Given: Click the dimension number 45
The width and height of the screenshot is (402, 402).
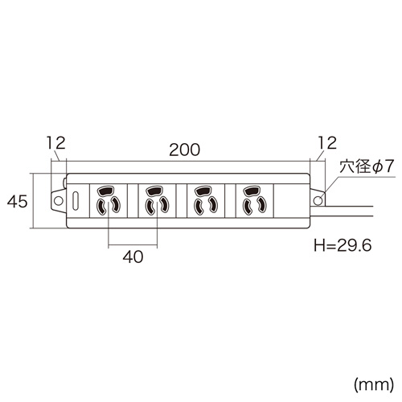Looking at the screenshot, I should [x=16, y=201].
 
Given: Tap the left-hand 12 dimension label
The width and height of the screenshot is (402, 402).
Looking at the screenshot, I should [x=55, y=144].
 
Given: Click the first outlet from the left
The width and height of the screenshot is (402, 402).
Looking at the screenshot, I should [x=108, y=201].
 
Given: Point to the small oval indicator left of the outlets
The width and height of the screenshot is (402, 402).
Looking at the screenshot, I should [x=76, y=201].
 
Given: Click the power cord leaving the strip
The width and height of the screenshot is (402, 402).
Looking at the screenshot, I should [x=354, y=211].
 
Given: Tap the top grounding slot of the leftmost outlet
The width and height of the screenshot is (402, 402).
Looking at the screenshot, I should [x=108, y=192].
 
